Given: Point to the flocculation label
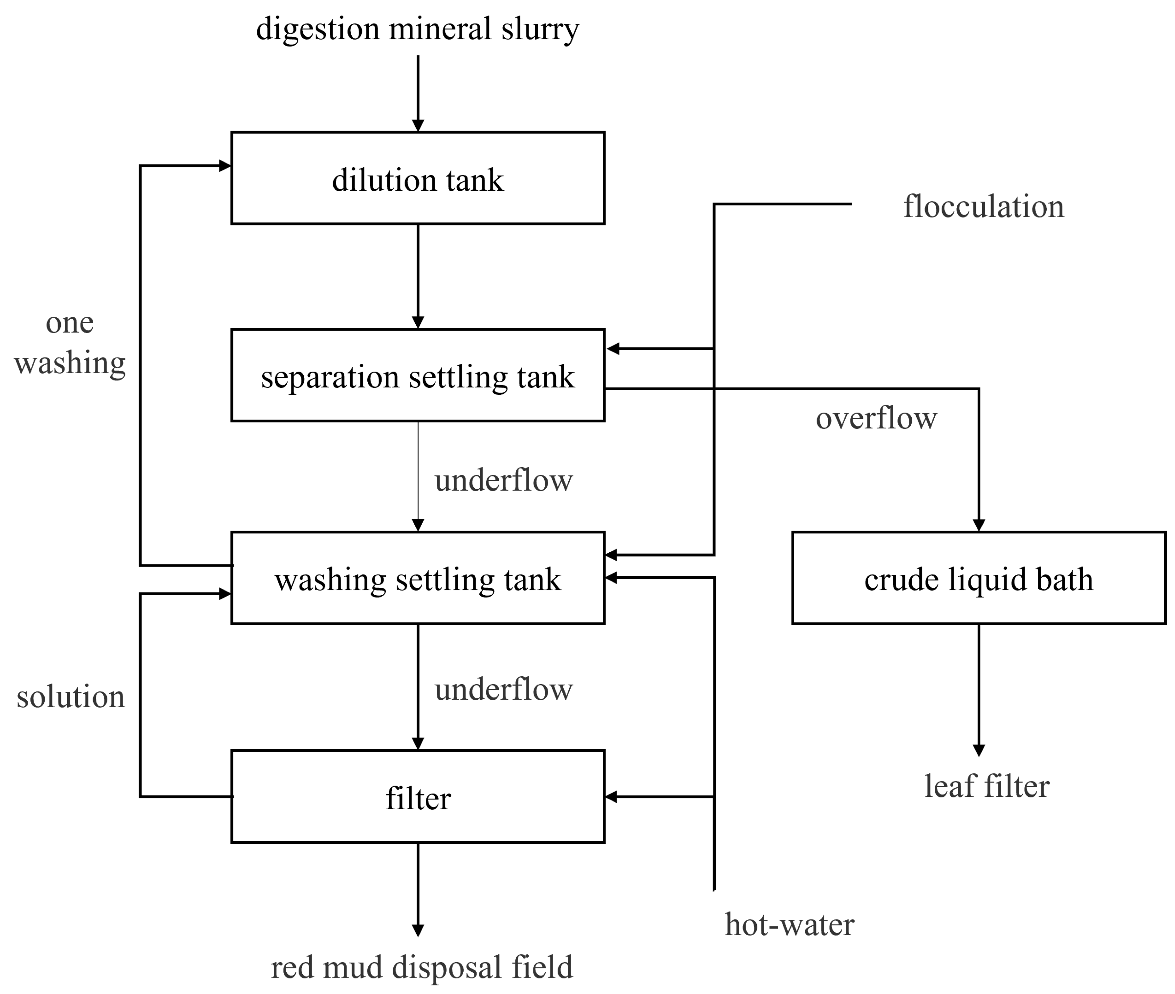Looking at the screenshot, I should tap(983, 206).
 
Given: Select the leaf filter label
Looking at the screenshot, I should tap(986, 786).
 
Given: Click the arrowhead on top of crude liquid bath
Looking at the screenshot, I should tap(979, 525).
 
